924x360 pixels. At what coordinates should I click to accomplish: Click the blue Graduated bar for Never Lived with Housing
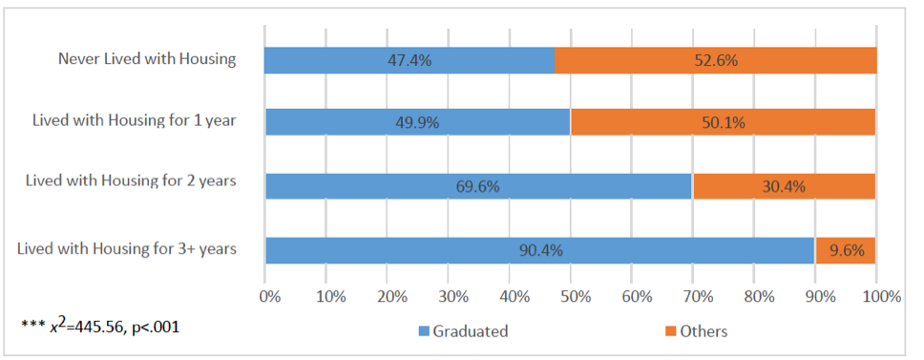(409, 60)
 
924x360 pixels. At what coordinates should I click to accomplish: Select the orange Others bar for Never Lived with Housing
(716, 60)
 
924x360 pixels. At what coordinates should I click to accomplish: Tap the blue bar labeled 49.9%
(417, 122)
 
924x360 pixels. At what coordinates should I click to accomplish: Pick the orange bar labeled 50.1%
(723, 122)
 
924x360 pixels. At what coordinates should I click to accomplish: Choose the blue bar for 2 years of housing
(478, 185)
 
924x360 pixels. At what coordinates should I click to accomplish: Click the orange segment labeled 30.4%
(784, 185)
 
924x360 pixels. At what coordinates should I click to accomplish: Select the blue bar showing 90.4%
(539, 250)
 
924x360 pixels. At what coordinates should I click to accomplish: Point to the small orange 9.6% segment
(845, 250)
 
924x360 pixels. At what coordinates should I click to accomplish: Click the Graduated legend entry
(463, 331)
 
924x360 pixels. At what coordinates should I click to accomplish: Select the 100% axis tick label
(879, 296)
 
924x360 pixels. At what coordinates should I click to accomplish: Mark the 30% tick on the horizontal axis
(450, 296)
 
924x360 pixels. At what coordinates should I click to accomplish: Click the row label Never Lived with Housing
(146, 59)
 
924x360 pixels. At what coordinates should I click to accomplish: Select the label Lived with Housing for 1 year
(134, 121)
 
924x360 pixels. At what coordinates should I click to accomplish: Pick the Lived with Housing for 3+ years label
(127, 249)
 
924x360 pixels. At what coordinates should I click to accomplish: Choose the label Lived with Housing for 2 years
(131, 180)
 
